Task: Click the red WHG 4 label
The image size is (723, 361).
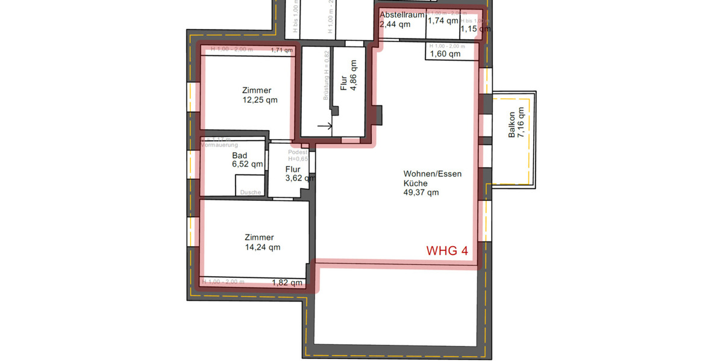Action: (447, 251)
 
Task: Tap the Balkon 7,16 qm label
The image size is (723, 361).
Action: (516, 126)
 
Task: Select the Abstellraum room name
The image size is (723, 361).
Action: (402, 15)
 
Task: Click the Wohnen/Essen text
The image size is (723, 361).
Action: (433, 174)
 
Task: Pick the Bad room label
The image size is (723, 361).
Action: (239, 155)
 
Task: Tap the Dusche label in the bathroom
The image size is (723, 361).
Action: (251, 193)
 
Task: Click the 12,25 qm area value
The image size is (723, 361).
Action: (260, 100)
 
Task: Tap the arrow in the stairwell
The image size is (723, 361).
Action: (325, 126)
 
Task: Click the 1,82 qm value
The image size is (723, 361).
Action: (287, 282)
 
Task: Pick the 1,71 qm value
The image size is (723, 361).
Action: (281, 50)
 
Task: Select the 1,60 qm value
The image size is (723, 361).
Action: (445, 54)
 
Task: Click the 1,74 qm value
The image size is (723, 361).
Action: (443, 20)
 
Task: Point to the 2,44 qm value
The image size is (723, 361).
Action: (395, 25)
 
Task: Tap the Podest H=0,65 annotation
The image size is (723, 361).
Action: (298, 156)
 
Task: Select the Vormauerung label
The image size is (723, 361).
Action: (219, 145)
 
